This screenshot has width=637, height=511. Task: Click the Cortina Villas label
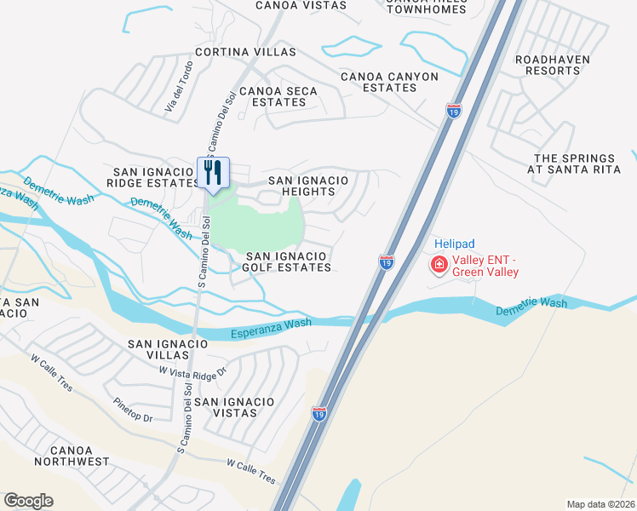click(245, 52)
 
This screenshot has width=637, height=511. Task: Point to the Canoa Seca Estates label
click(278, 97)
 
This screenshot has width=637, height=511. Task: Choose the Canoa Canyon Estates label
click(389, 82)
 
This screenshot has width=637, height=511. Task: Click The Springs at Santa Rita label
click(574, 164)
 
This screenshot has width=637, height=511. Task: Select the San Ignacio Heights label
click(308, 186)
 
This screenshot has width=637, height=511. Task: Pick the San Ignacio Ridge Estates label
click(155, 178)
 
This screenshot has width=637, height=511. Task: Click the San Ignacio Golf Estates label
click(288, 261)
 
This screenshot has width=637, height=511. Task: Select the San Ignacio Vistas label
click(234, 407)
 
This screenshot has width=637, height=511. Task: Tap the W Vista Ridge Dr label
click(193, 370)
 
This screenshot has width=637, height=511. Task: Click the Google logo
click(28, 501)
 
